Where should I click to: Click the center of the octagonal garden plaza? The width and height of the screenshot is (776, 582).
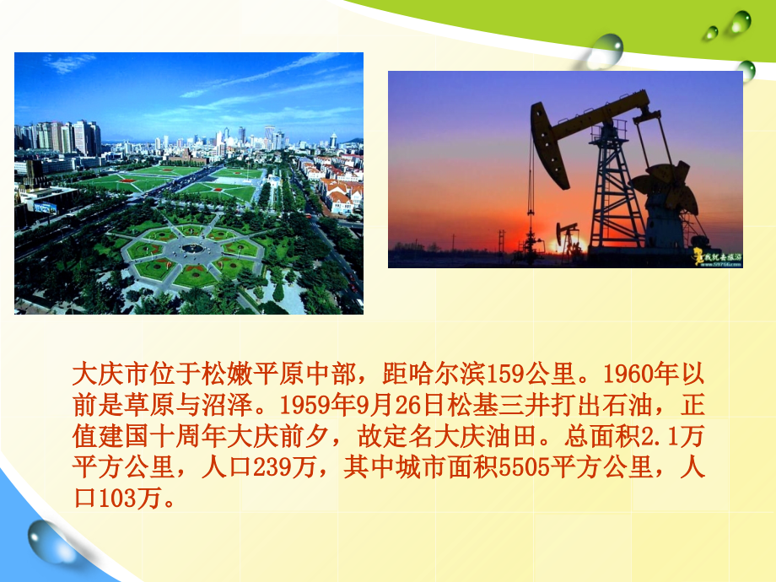[x=193, y=247]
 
